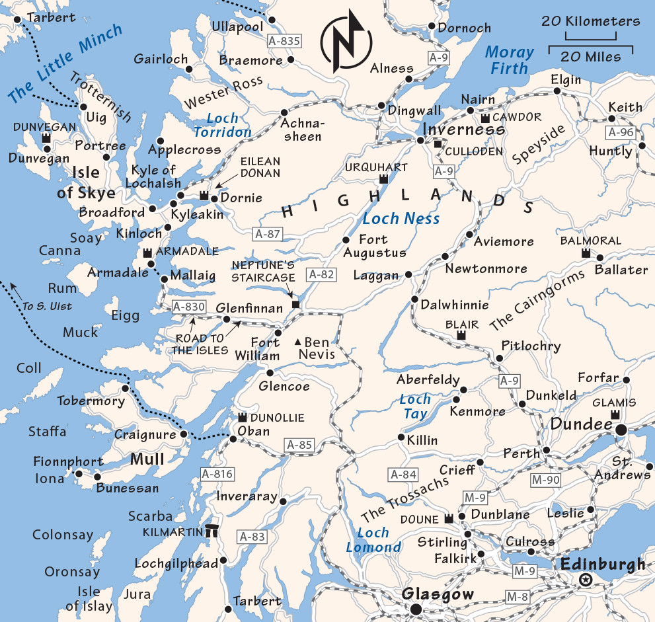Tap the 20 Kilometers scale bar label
pyautogui.click(x=590, y=21)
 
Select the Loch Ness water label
pyautogui.click(x=401, y=219)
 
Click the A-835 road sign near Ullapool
pyautogui.click(x=285, y=41)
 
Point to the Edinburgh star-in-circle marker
pyautogui.click(x=585, y=580)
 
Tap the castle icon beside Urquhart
pyautogui.click(x=383, y=179)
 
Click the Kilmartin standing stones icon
pyautogui.click(x=213, y=531)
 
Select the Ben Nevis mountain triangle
pyautogui.click(x=298, y=342)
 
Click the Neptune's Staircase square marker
pyautogui.click(x=296, y=305)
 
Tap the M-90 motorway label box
pyautogui.click(x=545, y=479)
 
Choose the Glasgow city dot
pyautogui.click(x=415, y=609)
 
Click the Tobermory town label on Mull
pyautogui.click(x=91, y=401)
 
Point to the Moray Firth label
pyautogui.click(x=509, y=60)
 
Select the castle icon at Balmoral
pyautogui.click(x=586, y=253)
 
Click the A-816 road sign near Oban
pyautogui.click(x=217, y=473)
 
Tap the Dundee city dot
pyautogui.click(x=621, y=430)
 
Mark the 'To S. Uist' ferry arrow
pyautogui.click(x=15, y=289)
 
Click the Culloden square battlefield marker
pyautogui.click(x=438, y=143)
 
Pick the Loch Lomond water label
pyautogui.click(x=373, y=539)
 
